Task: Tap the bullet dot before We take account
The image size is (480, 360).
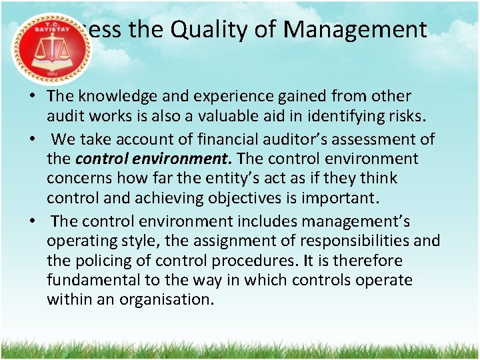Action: tap(32, 140)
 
